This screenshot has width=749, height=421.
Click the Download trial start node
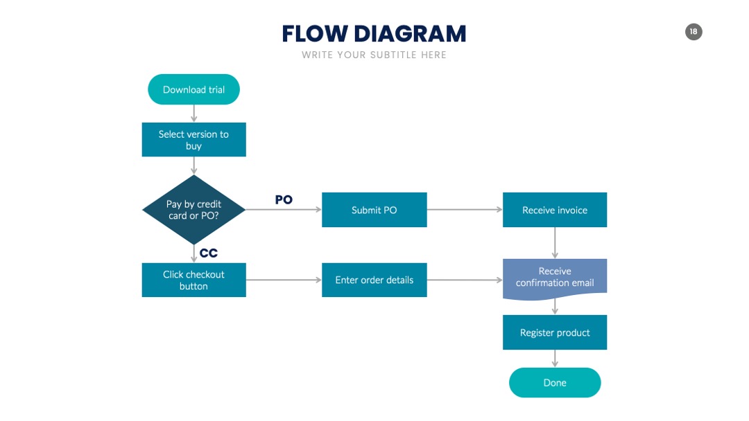pos(193,89)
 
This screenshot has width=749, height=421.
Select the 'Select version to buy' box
pos(194,140)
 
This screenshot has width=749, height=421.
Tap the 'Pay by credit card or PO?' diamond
pos(194,210)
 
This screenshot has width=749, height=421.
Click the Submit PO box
pos(374,210)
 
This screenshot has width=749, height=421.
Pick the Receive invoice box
pos(555,210)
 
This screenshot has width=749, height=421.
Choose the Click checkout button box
pos(194,280)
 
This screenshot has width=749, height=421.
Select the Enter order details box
pos(374,280)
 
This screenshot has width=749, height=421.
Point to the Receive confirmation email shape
pos(555,279)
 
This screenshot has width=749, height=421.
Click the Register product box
pos(555,332)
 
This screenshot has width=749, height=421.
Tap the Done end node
pos(555,382)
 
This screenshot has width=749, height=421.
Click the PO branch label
pos(284,200)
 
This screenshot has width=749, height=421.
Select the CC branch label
pos(209,253)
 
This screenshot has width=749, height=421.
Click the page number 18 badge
pos(694,32)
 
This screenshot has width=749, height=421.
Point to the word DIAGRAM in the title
pos(410,34)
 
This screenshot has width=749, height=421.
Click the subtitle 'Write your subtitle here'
pos(374,55)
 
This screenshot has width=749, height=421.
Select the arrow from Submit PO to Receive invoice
pos(465,209)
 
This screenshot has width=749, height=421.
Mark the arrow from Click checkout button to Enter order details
pos(284,280)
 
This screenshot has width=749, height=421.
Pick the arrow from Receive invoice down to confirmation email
pos(555,243)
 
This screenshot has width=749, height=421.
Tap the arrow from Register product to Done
pos(555,359)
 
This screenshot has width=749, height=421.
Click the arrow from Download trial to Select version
pos(193,114)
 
